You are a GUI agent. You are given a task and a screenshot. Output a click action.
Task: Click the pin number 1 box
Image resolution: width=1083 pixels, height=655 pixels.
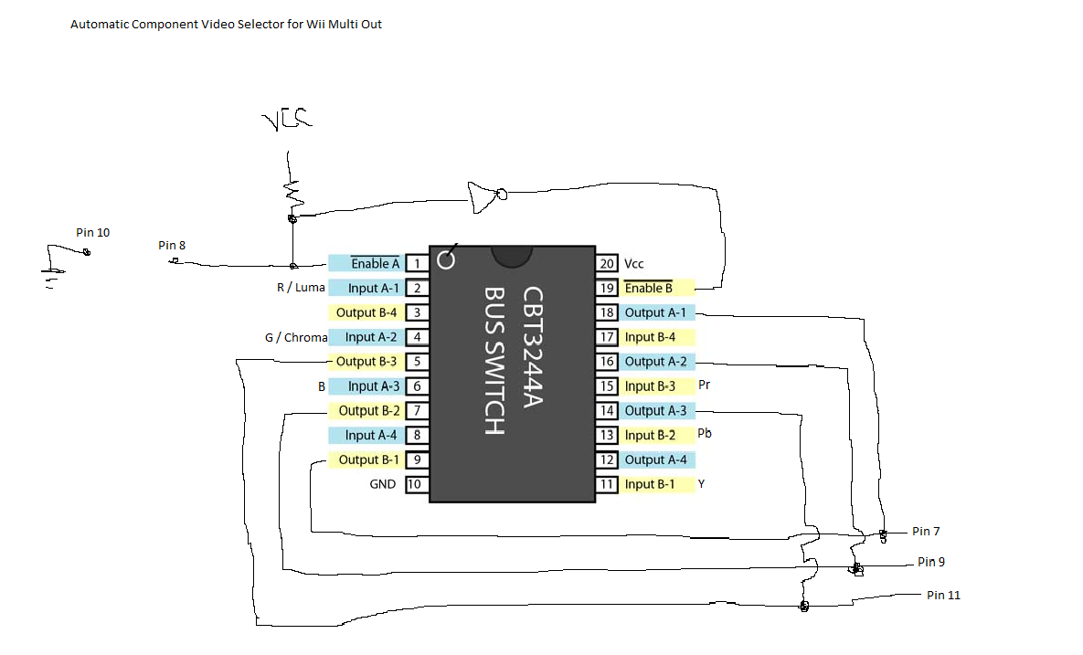(x=417, y=263)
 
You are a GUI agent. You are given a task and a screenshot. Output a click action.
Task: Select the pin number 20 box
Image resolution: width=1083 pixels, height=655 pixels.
(x=607, y=263)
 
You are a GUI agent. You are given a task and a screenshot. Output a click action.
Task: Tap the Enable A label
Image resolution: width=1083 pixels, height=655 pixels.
(x=375, y=263)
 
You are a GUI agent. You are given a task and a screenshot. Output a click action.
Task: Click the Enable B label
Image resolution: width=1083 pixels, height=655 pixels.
(x=649, y=288)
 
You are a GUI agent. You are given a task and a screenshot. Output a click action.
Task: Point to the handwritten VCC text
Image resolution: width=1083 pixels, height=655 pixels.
(x=287, y=120)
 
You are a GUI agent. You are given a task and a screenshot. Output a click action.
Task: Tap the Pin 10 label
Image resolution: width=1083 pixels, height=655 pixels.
(x=92, y=233)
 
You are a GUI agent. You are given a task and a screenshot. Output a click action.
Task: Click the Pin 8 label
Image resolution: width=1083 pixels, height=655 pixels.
(x=172, y=245)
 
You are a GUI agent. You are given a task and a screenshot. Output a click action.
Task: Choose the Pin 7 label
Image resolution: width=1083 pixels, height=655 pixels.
(x=926, y=531)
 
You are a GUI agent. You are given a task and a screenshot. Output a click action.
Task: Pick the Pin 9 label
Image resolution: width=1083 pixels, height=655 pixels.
(x=931, y=562)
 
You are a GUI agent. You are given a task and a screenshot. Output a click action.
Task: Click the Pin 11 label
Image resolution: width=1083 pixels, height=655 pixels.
(x=943, y=595)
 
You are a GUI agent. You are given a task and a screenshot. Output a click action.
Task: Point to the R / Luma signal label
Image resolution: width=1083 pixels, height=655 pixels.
(x=301, y=287)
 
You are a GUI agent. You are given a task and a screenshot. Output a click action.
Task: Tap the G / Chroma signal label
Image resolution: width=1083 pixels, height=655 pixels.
(x=296, y=337)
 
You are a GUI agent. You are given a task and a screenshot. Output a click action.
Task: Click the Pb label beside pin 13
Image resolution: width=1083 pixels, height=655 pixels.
(x=705, y=433)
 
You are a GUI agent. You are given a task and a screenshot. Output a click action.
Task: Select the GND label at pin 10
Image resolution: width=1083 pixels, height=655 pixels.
(x=383, y=484)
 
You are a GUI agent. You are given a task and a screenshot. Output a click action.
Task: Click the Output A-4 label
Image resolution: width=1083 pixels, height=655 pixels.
(x=655, y=460)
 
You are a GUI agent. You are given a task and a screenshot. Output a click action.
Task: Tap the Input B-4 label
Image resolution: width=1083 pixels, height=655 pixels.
(x=650, y=337)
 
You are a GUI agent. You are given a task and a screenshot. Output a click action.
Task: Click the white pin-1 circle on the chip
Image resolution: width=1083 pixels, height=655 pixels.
(x=446, y=259)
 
